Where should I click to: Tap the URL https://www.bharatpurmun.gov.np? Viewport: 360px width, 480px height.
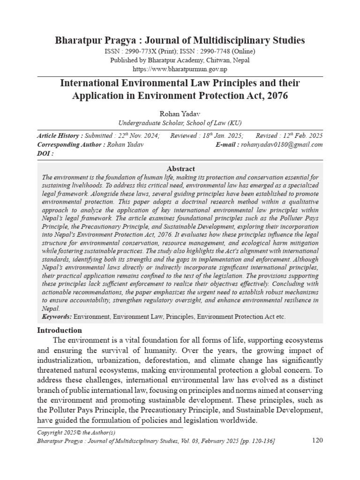click(180, 69)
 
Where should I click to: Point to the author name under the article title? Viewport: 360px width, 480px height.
click(180, 113)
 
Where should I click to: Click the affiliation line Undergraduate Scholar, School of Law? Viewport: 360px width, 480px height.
click(180, 123)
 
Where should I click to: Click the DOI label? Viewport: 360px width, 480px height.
click(45, 153)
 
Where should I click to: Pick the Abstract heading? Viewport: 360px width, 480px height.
click(180, 169)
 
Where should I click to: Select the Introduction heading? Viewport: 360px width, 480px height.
click(59, 330)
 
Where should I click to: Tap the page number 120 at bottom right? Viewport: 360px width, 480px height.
click(317, 441)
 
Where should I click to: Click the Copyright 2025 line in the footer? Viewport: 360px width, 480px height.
click(76, 432)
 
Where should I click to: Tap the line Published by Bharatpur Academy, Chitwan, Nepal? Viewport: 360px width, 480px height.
click(180, 60)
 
